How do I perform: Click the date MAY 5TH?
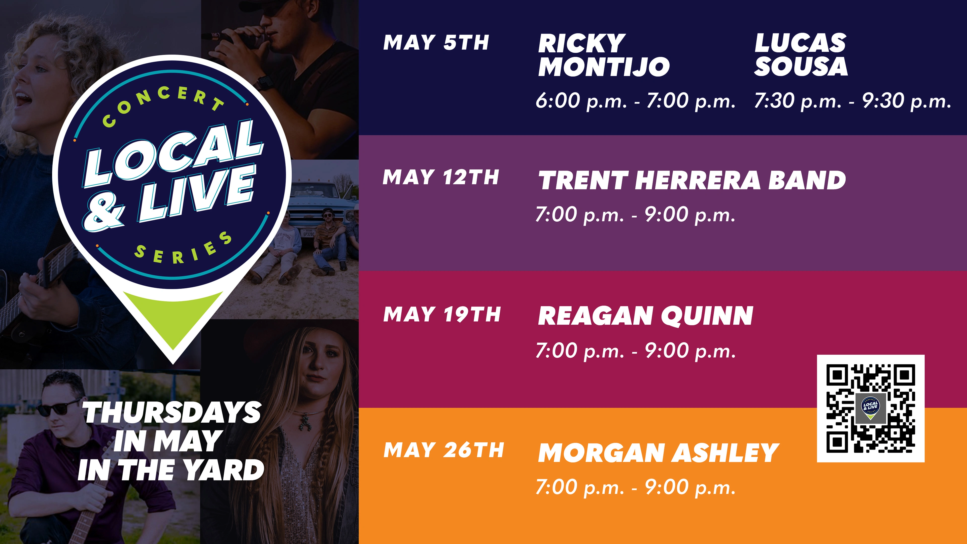click(x=436, y=42)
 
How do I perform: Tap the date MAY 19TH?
click(x=442, y=314)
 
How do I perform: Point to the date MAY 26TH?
click(x=443, y=450)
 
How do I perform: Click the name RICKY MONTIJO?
click(x=604, y=55)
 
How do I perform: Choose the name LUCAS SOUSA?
click(x=801, y=55)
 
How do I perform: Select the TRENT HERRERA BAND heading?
click(x=692, y=181)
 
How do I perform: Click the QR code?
click(x=871, y=409)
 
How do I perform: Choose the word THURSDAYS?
click(x=172, y=412)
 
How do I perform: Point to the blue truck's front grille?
click(x=314, y=216)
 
